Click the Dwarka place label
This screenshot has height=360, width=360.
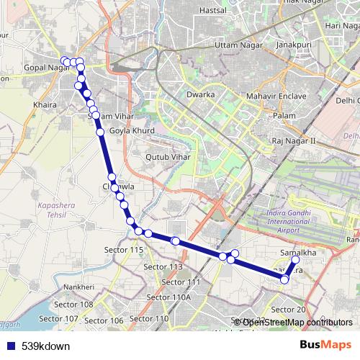click(200, 94)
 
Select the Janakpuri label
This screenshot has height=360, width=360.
click(296, 46)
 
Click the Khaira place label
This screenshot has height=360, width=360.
click(45, 104)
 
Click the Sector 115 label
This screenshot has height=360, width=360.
click(124, 249)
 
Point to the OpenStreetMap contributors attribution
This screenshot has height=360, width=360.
click(297, 322)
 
